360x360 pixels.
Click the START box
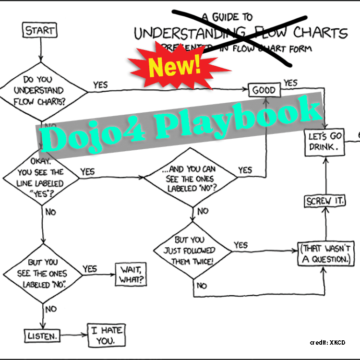pos(40,31)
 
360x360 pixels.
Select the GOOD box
pos(264,90)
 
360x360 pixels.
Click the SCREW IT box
pos(325,201)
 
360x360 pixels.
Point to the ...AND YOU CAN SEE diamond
pos(192,177)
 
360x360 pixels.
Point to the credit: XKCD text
pos(327,342)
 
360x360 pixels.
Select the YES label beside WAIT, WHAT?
pos(90,269)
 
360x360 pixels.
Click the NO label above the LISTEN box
pos(51,309)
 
